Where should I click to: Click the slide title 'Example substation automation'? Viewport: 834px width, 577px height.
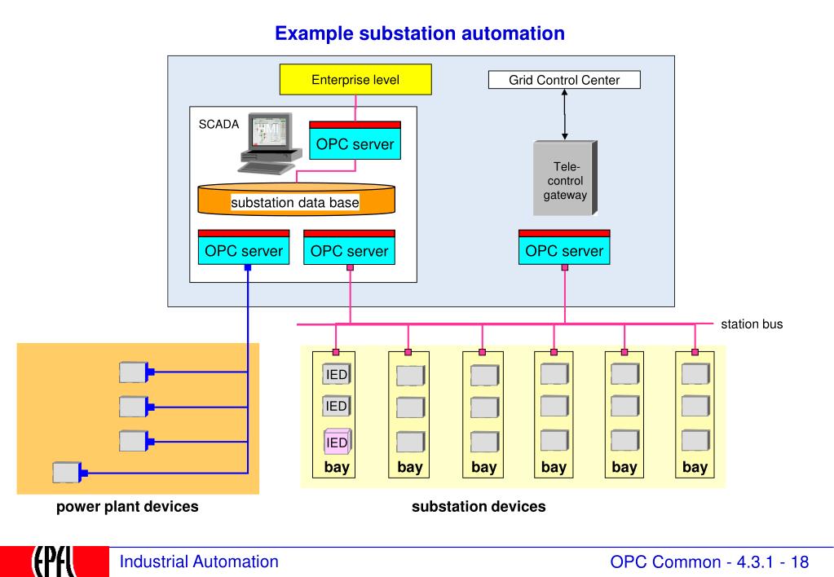(420, 34)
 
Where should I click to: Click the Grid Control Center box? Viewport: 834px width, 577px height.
(564, 81)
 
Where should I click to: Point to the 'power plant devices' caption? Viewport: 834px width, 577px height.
(127, 507)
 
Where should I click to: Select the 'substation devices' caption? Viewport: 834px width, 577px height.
(479, 507)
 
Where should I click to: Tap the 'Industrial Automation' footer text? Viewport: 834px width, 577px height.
(199, 561)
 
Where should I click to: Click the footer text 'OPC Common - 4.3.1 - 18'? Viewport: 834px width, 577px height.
(715, 561)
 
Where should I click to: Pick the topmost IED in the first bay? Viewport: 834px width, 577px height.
(337, 374)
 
